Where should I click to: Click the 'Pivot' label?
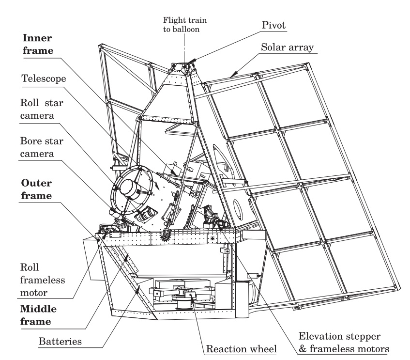[276, 23]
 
